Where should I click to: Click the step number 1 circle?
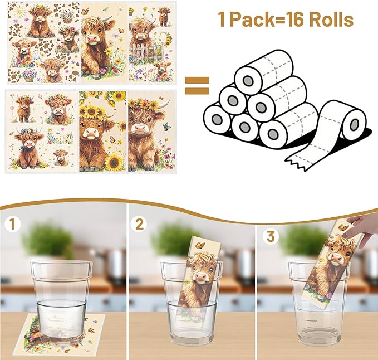(12, 225)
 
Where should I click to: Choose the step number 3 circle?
(271, 236)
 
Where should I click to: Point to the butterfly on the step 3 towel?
(344, 227)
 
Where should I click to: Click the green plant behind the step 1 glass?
(48, 240)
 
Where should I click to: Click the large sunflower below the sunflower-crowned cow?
(114, 162)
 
